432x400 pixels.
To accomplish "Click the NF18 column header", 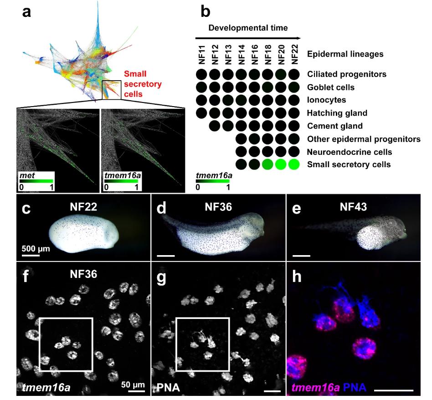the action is (268, 55).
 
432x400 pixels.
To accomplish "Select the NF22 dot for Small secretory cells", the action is (294, 164).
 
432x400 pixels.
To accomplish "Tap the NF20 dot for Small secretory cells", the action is (281, 164).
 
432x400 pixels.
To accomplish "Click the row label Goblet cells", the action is (331, 87).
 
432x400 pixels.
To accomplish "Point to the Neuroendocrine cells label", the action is (350, 152).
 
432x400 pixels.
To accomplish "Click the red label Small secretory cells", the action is (143, 84).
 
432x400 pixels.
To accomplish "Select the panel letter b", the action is (206, 12).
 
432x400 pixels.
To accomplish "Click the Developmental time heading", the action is (248, 28).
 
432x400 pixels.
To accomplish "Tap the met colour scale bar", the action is (36, 181).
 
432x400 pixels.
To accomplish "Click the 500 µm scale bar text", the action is (36, 248).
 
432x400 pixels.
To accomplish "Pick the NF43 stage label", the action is (353, 207).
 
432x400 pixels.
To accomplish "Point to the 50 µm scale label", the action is (133, 385).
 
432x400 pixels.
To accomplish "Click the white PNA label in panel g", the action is (168, 388).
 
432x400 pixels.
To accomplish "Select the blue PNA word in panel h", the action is (355, 388).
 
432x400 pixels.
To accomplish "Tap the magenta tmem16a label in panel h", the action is (316, 388).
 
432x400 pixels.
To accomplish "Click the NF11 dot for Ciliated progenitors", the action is (201, 74).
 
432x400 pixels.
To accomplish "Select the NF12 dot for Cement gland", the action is (215, 126).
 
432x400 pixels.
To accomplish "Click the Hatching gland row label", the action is (337, 113).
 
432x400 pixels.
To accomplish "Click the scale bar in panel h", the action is (394, 390).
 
